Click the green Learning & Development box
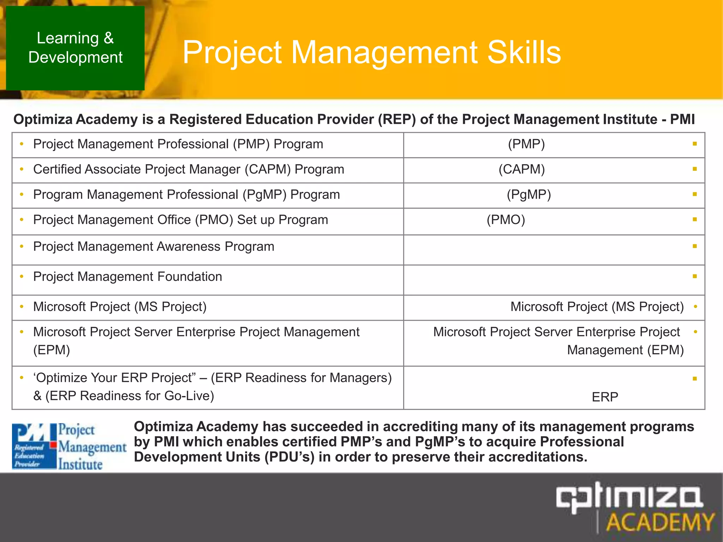pos(75,48)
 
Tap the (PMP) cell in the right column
pos(526,144)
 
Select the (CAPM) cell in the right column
pos(521,169)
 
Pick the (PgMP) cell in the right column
pos(528,195)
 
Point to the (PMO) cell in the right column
pos(506,220)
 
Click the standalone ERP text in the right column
pos(605,397)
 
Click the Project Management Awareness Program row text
pos(154,247)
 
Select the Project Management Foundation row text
pos(127,277)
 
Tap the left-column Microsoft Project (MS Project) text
pos(120,307)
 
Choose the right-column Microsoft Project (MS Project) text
pos(597,307)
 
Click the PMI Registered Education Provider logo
pos(69,446)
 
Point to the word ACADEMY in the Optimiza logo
pos(659,522)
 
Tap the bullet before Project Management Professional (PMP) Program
pos(22,144)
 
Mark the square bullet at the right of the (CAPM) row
pos(694,169)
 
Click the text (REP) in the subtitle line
pos(397,120)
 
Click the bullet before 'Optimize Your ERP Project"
pos(22,378)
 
